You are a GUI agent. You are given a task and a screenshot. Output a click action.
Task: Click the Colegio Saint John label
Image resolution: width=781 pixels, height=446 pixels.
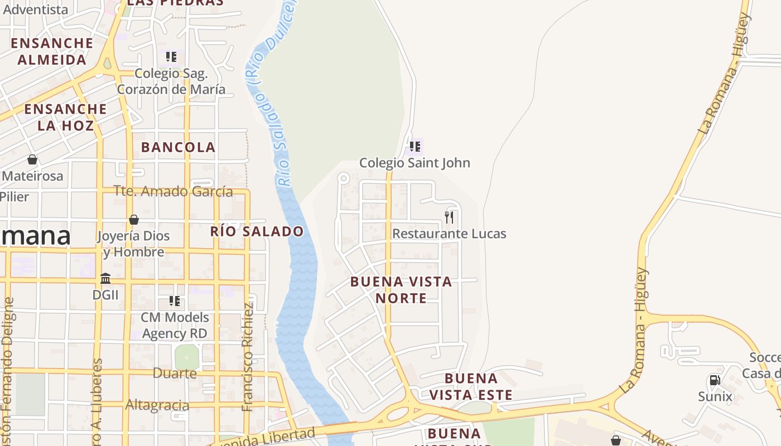coord(414,163)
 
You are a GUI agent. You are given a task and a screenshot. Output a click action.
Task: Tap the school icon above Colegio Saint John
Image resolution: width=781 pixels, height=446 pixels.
coord(414,147)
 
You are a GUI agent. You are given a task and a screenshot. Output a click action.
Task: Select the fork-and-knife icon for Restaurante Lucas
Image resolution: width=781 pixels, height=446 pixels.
coord(449,217)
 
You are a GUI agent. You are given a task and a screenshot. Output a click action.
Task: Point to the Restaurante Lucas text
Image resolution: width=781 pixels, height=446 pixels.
coord(449,234)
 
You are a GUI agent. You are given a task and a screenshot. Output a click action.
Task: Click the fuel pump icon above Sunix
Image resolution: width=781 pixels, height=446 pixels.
coord(715,380)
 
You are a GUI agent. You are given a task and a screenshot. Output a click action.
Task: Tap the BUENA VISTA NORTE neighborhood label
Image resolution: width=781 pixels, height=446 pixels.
coord(401,290)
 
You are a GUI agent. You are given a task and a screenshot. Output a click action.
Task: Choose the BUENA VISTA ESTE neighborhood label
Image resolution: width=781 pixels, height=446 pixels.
coord(471,387)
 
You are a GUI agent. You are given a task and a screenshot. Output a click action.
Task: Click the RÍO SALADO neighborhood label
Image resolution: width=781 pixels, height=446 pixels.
coord(257,231)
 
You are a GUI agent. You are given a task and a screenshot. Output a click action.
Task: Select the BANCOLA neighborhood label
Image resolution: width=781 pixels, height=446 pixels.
coord(178,147)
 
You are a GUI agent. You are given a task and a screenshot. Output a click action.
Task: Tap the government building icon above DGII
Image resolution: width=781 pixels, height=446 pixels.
coord(105,278)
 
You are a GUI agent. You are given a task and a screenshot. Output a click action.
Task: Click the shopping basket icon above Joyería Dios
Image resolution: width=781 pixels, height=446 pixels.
coord(134,220)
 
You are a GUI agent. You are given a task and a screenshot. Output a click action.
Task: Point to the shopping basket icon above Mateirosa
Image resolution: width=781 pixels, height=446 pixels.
coord(32,159)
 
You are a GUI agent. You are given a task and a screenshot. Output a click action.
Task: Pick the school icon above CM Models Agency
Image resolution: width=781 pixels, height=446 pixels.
coord(175,301)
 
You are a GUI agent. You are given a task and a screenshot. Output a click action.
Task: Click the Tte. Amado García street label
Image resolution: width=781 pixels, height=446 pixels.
coord(173,191)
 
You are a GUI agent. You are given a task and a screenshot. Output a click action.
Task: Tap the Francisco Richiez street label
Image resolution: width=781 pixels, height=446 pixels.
coord(248,357)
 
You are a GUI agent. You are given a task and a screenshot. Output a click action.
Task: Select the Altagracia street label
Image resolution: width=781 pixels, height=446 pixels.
coord(157,405)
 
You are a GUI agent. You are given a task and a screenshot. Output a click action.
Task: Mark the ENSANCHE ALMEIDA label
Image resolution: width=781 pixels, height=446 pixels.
coord(52,51)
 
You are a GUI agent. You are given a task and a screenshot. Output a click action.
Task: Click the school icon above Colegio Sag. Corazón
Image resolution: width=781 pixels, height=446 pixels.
coord(171,57)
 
